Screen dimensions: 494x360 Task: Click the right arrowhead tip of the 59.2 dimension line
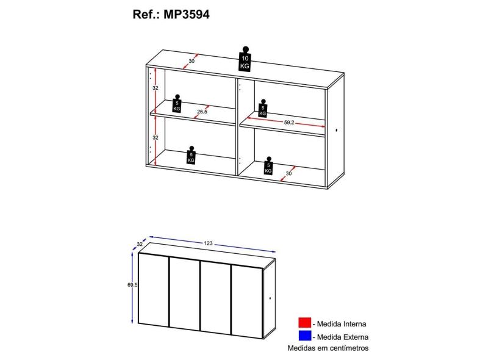325,127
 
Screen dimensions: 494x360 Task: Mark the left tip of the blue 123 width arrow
149,236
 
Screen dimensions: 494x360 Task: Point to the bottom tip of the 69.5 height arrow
132,323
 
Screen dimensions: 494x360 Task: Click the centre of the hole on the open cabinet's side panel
336,130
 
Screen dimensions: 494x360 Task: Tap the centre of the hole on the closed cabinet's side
270,298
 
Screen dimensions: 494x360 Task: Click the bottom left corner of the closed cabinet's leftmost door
138,324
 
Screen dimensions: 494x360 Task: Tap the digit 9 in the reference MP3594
196,15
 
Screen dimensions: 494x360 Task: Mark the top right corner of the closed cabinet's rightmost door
262,268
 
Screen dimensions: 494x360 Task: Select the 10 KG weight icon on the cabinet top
245,59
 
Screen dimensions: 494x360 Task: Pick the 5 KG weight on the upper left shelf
177,103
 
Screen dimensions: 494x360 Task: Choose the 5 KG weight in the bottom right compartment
268,165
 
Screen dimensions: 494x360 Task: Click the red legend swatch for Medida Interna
304,323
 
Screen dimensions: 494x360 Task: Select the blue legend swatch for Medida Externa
304,336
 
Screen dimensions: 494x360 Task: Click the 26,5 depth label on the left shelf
202,112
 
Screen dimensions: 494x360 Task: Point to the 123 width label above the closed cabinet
208,243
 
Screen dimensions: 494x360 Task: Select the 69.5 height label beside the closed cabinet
132,285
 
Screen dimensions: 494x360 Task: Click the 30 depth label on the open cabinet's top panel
192,61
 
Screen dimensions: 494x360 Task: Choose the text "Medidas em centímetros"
328,348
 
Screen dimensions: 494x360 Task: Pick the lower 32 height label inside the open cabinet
156,138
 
